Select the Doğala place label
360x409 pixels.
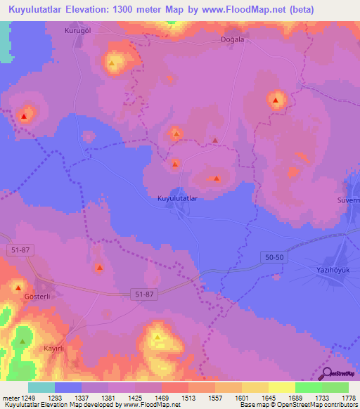[x=231, y=40]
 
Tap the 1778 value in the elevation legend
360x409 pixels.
[x=349, y=397]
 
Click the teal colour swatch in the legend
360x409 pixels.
[x=41, y=387]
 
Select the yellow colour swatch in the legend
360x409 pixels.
[x=282, y=387]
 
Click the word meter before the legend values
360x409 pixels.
[x=9, y=397]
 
